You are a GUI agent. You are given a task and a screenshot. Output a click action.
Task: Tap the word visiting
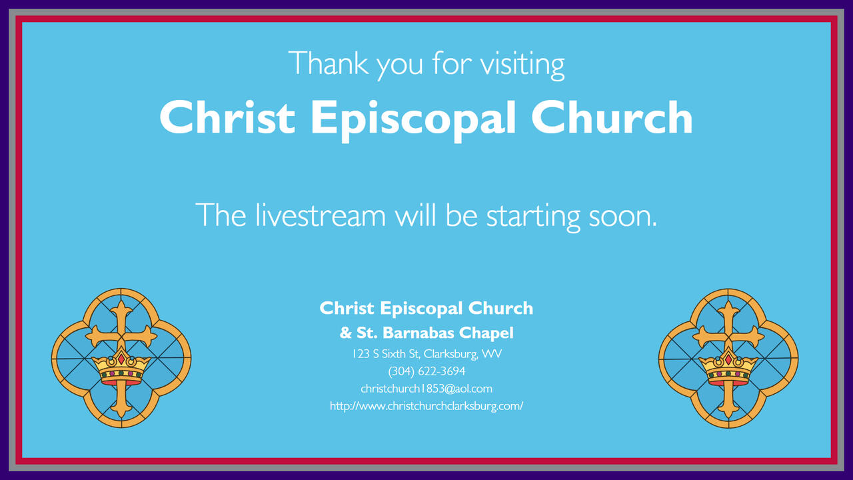point(522,65)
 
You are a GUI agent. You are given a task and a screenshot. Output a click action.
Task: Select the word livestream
point(321,215)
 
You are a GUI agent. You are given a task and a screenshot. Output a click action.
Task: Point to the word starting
point(534,217)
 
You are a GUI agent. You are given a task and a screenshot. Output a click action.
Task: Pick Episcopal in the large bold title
point(414,120)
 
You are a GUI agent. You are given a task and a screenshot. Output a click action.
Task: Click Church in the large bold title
point(612,117)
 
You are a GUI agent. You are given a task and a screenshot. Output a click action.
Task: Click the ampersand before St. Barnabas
point(345,333)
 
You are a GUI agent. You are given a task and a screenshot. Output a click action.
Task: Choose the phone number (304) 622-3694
point(426,371)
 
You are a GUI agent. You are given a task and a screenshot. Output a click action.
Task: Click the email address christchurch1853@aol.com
point(426,389)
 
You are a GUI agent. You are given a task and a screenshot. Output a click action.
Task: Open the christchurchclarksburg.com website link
point(426,406)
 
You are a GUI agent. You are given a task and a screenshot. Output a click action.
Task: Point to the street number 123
point(361,354)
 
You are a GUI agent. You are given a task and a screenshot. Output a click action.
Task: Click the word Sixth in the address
point(393,354)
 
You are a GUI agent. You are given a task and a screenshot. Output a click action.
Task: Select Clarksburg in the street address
point(450,355)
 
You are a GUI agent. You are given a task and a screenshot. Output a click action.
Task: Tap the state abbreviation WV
point(492,354)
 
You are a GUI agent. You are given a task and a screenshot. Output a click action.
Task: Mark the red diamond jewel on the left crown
point(121,359)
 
